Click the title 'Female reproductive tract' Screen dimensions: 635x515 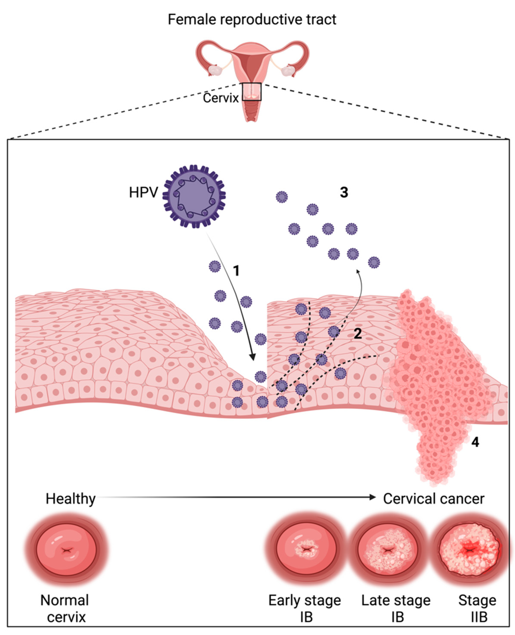click(252, 20)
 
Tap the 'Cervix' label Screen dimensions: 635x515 click(221, 98)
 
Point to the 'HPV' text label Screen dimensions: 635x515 click(143, 193)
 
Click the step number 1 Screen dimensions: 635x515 click(236, 271)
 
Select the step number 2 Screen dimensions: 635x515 click(358, 334)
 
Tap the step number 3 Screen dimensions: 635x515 click(344, 192)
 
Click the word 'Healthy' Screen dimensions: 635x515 click(70, 499)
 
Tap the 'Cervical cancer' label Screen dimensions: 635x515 click(433, 499)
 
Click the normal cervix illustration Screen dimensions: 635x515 click(67, 551)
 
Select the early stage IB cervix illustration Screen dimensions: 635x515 click(306, 551)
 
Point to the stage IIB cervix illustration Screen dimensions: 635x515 click(469, 551)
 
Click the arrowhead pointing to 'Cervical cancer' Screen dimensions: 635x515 click(373, 497)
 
